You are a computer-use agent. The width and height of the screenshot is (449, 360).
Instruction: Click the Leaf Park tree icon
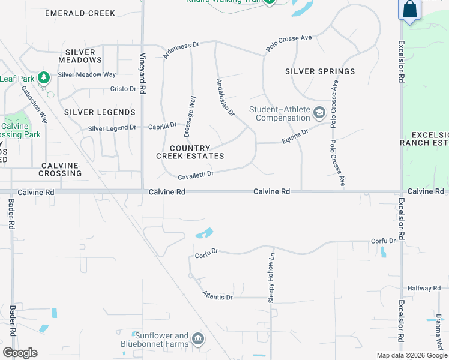click(x=43, y=77)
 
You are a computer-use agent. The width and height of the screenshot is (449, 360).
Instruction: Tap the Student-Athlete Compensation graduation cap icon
click(x=319, y=112)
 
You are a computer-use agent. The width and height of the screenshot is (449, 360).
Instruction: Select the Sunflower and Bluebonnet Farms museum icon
click(x=198, y=340)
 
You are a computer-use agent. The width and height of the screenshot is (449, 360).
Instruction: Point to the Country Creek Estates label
click(x=190, y=152)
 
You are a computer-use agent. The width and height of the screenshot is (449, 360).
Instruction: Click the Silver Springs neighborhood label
click(x=320, y=71)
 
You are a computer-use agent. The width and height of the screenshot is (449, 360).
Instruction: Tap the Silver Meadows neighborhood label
click(x=80, y=56)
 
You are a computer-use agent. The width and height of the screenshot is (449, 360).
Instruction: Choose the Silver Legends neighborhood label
click(x=100, y=112)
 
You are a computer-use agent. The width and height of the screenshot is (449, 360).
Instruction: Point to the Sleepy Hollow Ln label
click(x=271, y=277)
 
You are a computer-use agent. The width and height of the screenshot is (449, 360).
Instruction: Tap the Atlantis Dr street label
click(x=217, y=296)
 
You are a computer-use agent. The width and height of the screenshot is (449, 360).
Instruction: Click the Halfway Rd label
click(x=424, y=289)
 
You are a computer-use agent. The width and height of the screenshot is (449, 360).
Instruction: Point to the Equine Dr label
click(x=295, y=137)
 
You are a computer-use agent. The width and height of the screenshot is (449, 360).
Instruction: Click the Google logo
click(x=20, y=353)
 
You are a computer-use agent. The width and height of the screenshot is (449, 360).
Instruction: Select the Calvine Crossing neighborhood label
click(x=61, y=169)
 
